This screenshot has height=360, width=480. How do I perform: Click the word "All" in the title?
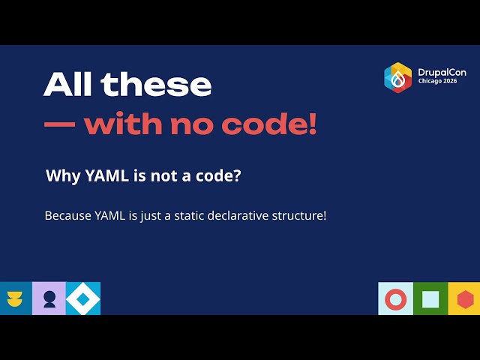point(67,85)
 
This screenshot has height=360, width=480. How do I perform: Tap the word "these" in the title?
point(156,85)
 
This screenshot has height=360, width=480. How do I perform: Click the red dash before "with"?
point(60,124)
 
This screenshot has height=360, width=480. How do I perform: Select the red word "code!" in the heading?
point(268,123)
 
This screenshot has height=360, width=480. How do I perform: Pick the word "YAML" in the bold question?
point(106,175)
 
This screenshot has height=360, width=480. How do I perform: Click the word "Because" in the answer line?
point(68,215)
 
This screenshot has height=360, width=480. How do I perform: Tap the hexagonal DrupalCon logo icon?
point(398,78)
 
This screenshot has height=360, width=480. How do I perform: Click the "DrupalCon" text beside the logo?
point(442,73)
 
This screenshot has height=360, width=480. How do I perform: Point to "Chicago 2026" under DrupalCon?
point(437,81)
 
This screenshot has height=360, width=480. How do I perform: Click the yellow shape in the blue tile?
point(15,298)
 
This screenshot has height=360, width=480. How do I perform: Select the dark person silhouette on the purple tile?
point(49,299)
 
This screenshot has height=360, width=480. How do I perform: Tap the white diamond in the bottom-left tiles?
point(83,298)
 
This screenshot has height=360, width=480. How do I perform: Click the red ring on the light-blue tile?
point(396,299)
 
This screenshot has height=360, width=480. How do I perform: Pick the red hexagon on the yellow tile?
point(466,299)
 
